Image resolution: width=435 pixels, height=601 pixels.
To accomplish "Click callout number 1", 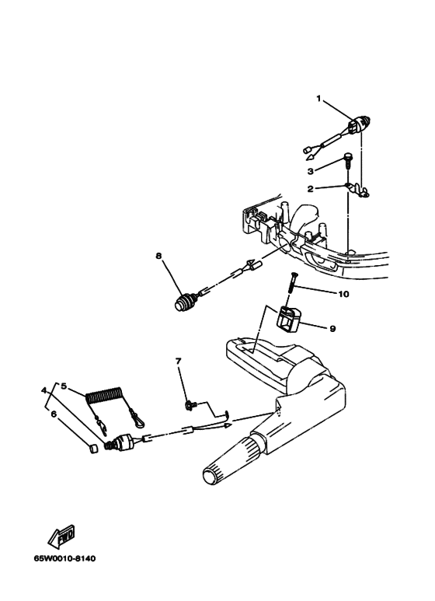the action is click(318, 99).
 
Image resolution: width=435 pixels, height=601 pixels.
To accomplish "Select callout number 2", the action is click(311, 189).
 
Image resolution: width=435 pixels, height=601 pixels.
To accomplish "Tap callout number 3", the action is click(311, 171).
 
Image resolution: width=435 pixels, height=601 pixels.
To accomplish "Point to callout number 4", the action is click(44, 390).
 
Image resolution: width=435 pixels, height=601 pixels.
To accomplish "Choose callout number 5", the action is click(64, 386).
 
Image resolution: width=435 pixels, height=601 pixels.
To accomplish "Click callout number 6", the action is click(54, 414).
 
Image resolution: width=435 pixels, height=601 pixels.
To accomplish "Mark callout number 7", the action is click(178, 361).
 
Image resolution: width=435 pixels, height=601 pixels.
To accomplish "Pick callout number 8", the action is click(158, 256).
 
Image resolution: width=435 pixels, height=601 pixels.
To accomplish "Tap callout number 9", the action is click(332, 328).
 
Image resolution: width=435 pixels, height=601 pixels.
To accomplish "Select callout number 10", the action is click(343, 294).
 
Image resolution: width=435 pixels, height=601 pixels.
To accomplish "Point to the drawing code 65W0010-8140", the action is click(64, 558).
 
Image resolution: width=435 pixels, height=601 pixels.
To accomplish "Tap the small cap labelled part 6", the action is click(93, 449).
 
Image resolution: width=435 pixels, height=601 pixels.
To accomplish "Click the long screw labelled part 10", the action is click(292, 282).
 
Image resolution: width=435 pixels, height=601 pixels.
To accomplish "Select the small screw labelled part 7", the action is click(190, 404).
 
